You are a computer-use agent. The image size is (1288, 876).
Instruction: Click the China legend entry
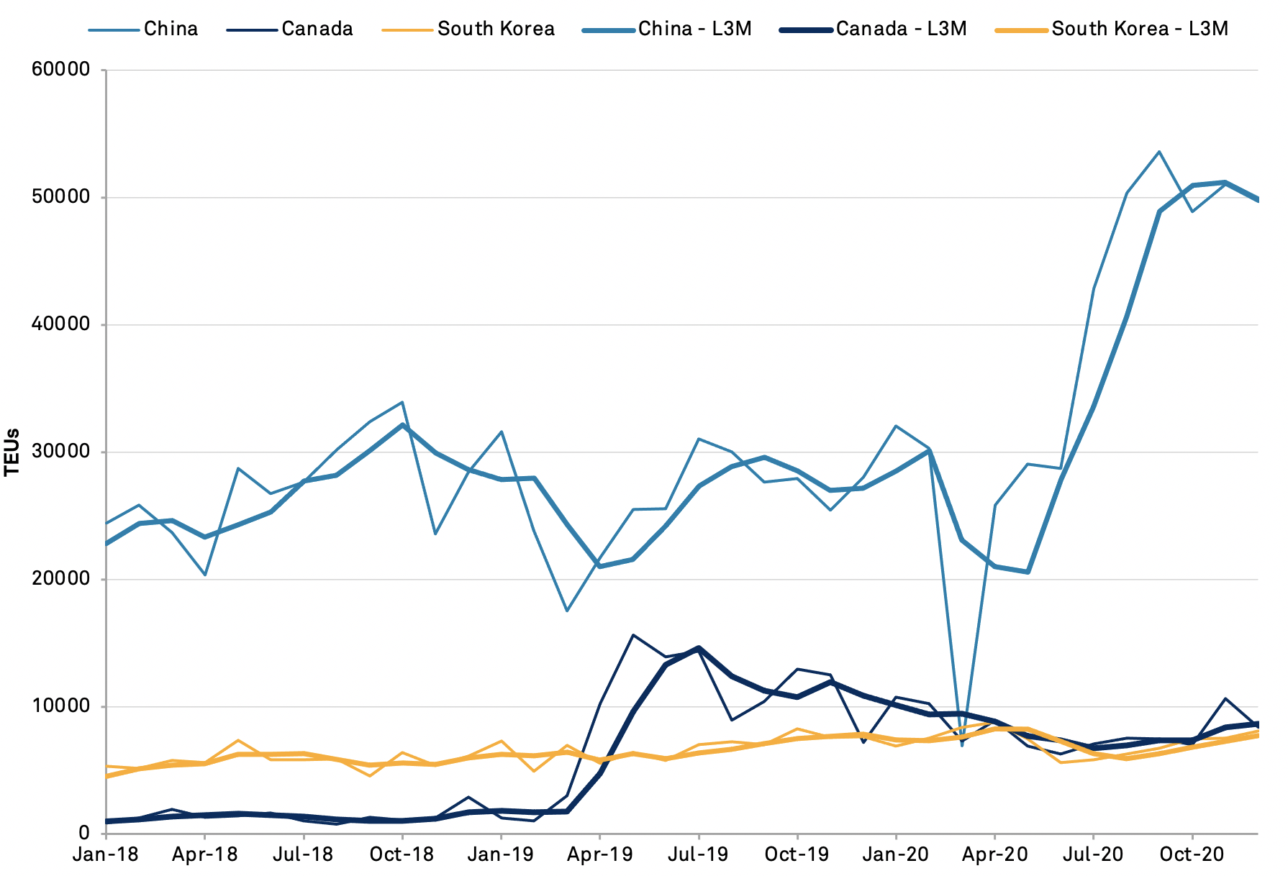pos(171,29)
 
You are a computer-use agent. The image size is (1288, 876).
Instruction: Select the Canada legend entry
pos(317,29)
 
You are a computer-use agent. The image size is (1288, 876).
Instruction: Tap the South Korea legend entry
pos(496,29)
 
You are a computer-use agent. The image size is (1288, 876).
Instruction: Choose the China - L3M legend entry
pos(694,29)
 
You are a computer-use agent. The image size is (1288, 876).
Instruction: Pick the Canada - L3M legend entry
pos(901,29)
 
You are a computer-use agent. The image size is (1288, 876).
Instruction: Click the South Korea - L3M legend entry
pos(1140,29)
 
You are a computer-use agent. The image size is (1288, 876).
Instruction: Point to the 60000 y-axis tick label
pos(61,70)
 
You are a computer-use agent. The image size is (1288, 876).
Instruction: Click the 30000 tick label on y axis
pos(61,452)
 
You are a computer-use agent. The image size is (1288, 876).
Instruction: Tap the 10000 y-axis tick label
pos(61,706)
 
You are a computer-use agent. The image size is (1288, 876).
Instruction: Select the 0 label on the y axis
pos(84,834)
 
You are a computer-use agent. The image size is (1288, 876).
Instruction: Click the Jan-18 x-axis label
pos(106,854)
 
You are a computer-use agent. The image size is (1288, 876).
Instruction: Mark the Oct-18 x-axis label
pos(402,854)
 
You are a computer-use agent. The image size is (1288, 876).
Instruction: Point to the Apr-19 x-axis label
pos(599,854)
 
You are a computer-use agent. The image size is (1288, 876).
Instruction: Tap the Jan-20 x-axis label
pos(896,854)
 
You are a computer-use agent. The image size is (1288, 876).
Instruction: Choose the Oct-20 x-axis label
pos(1192,854)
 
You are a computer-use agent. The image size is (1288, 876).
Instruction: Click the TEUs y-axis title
pos(12,452)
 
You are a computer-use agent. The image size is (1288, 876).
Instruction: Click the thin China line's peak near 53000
pos(1159,152)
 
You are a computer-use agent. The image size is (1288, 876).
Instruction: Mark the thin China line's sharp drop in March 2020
pos(962,745)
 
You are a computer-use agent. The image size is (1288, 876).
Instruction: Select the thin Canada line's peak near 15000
pos(632,635)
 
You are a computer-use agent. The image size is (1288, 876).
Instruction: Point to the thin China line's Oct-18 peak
pos(402,402)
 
